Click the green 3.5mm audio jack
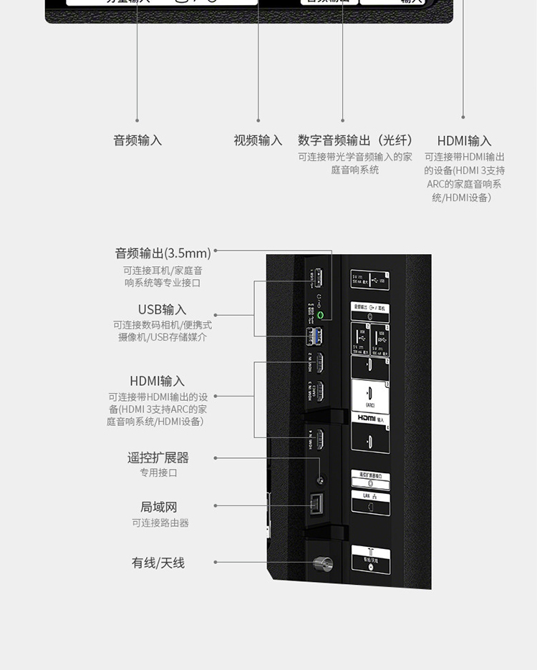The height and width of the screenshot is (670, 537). (320, 315)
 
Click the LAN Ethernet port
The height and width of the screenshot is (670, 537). (316, 505)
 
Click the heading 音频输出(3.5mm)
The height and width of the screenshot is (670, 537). (163, 253)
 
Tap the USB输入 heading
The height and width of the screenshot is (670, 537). (163, 310)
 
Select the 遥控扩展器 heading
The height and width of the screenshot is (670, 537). (158, 457)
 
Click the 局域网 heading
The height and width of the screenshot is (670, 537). (158, 508)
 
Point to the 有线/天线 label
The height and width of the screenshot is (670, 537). (158, 563)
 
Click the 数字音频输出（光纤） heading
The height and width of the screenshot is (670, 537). (355, 141)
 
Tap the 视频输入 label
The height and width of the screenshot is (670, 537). (258, 141)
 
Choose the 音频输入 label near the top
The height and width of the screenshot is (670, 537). (137, 141)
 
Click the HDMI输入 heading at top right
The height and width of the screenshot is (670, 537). (464, 141)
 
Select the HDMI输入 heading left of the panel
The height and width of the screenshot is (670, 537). (158, 381)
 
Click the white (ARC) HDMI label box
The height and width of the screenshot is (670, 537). (370, 394)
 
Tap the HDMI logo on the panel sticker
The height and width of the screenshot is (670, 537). (367, 418)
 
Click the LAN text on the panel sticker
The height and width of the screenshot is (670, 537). (366, 495)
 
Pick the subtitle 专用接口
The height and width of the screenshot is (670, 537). (158, 473)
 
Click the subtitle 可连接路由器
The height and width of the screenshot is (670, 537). (160, 523)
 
